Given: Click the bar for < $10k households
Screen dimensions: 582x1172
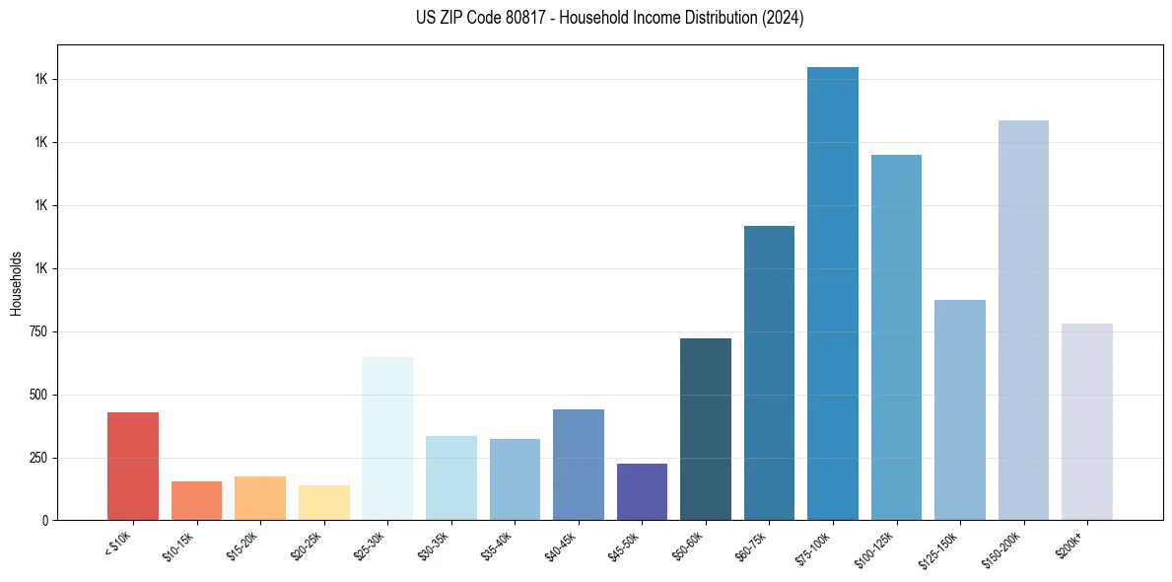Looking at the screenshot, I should (x=133, y=466).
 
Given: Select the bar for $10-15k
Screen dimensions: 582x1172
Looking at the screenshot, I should (x=196, y=500).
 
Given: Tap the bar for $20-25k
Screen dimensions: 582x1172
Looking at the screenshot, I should (x=323, y=502).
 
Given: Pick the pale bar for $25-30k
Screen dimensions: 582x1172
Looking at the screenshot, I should (x=387, y=438).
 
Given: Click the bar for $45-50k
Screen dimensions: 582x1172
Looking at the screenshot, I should (x=642, y=491).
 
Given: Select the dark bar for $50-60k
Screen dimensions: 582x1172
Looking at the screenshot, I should (x=706, y=429).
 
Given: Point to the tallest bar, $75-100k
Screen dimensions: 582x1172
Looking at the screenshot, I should (x=833, y=293).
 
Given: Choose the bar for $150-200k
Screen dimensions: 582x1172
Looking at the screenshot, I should (x=1023, y=320).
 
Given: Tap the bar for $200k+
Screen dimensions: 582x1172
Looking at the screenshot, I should (x=1087, y=421).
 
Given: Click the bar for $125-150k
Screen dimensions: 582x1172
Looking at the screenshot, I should (x=960, y=409).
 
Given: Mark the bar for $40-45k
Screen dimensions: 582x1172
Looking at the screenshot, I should (x=579, y=465).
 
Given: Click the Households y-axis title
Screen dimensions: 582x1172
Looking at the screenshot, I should (x=16, y=283).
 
